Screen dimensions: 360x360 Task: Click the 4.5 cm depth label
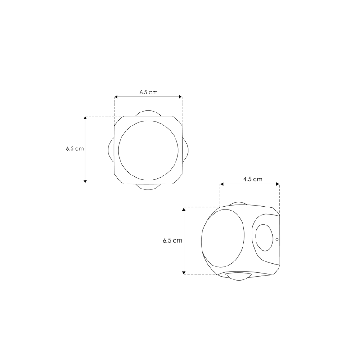coord(252,179)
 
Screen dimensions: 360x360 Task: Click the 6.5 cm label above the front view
coord(148,92)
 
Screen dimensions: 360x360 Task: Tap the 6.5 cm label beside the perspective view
coord(172,241)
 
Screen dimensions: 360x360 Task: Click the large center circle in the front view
coord(148,150)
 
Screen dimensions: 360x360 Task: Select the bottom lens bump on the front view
coord(148,187)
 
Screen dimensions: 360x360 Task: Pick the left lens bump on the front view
coord(111,150)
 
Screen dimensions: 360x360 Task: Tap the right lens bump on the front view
coord(185,150)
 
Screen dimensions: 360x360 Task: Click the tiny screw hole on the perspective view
coord(277,239)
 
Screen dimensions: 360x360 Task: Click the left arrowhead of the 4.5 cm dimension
coord(221,184)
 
